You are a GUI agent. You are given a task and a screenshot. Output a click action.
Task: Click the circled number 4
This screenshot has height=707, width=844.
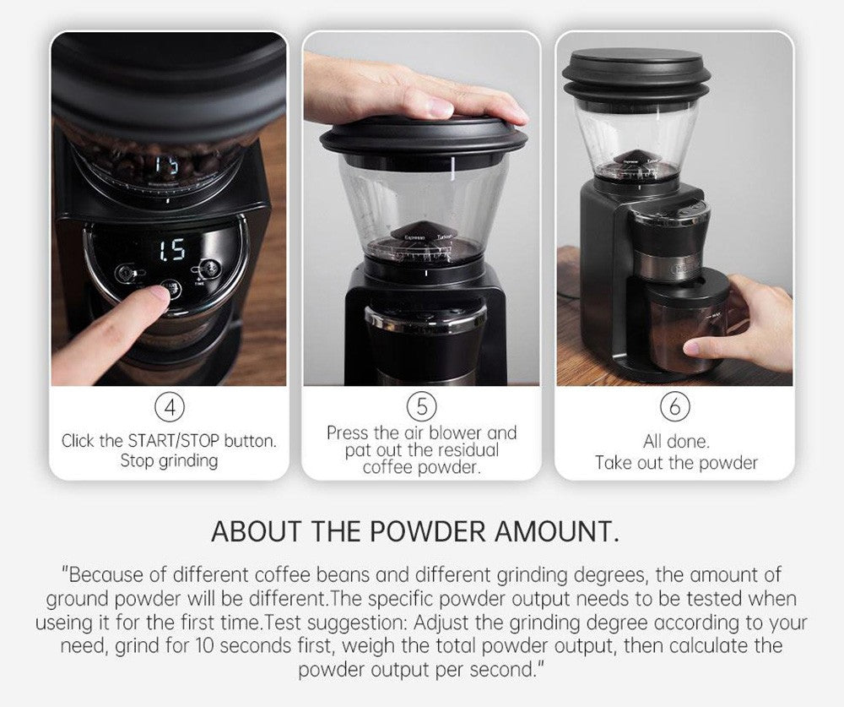[170, 407]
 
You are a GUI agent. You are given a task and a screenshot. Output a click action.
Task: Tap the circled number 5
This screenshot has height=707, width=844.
[422, 406]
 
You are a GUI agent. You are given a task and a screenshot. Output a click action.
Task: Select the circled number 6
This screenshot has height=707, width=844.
[675, 406]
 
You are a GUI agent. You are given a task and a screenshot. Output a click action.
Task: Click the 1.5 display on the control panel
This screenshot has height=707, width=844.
[171, 250]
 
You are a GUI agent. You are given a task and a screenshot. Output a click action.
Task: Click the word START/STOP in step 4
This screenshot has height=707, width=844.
[173, 441]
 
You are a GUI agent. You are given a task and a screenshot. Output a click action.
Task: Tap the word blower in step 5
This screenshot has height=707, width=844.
[456, 432]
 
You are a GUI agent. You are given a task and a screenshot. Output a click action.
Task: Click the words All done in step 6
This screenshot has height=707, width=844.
[676, 441]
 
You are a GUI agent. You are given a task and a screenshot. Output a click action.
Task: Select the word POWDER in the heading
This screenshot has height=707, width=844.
[428, 531]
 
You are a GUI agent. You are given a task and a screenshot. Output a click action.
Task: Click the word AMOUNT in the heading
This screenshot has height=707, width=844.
[556, 531]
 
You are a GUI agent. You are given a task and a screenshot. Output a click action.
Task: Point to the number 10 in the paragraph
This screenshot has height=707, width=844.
[204, 645]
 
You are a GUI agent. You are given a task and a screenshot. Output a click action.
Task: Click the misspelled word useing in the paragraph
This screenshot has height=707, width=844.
[64, 623]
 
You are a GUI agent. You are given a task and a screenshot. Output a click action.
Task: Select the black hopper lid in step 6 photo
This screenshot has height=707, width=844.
[636, 75]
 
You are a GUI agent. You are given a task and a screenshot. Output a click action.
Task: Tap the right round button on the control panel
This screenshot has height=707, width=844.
[209, 268]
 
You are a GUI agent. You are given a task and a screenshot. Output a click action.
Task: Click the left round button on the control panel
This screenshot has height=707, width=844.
[125, 273]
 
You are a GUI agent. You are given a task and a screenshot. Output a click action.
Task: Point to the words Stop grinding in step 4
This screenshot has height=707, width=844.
[169, 460]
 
